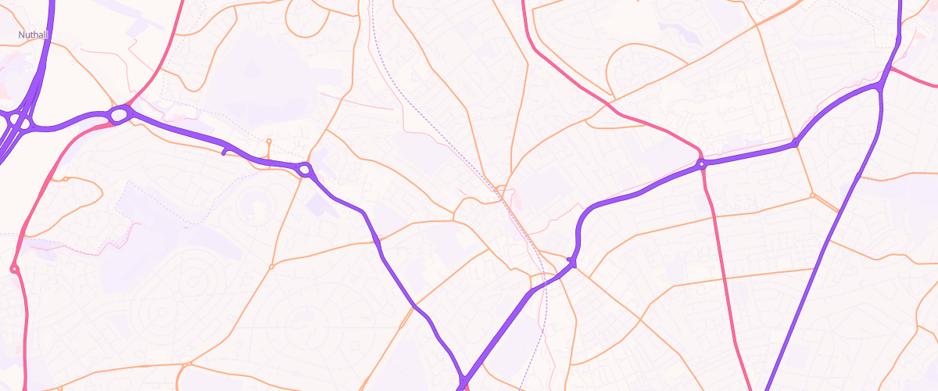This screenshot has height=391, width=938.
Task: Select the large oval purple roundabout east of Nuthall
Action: (x=119, y=116)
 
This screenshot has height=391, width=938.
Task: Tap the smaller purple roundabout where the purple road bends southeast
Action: (x=305, y=168)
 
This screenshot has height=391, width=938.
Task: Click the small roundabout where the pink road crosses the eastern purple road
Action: (x=702, y=164)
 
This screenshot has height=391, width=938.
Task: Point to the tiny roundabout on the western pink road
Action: (x=14, y=269)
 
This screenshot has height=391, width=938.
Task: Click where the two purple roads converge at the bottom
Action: (x=463, y=382)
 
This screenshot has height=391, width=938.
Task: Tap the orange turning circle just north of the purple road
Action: (x=268, y=142)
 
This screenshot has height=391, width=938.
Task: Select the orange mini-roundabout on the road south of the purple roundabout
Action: (x=271, y=267)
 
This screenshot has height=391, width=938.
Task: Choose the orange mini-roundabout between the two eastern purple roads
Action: (x=813, y=195)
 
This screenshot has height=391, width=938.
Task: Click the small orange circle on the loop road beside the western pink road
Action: (x=66, y=179)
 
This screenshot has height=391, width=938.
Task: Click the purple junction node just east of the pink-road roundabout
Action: (x=794, y=143)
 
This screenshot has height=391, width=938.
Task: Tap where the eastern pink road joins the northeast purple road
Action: (x=891, y=69)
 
